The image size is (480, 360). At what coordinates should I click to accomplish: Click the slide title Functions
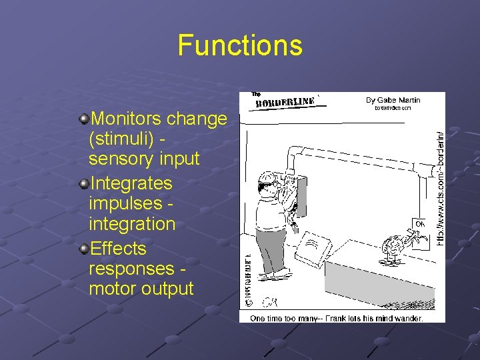(240, 46)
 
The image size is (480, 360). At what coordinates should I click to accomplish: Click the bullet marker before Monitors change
(83, 119)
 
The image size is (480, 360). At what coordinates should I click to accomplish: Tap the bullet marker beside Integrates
(83, 184)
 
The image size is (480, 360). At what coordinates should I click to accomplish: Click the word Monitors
(126, 119)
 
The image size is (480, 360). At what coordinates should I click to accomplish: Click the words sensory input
(144, 159)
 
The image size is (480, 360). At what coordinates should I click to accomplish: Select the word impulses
(126, 203)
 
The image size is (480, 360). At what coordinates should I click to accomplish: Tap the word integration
(132, 223)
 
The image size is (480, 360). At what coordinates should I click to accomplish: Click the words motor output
(141, 289)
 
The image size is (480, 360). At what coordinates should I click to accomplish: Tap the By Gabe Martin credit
(393, 100)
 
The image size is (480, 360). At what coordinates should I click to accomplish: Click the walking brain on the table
(392, 247)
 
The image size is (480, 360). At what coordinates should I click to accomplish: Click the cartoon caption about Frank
(336, 318)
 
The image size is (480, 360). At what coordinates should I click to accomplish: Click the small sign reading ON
(419, 223)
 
